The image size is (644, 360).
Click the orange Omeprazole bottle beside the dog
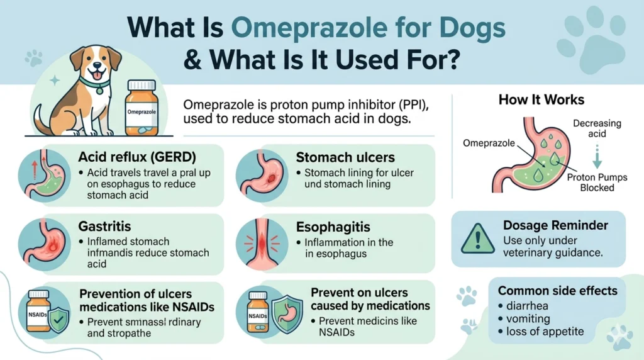point(142,108)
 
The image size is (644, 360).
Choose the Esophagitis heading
point(333,226)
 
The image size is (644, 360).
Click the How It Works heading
point(541,100)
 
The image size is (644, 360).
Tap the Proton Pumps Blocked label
point(597,183)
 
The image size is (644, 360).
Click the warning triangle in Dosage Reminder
point(477,239)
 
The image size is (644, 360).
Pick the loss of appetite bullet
point(545,331)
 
